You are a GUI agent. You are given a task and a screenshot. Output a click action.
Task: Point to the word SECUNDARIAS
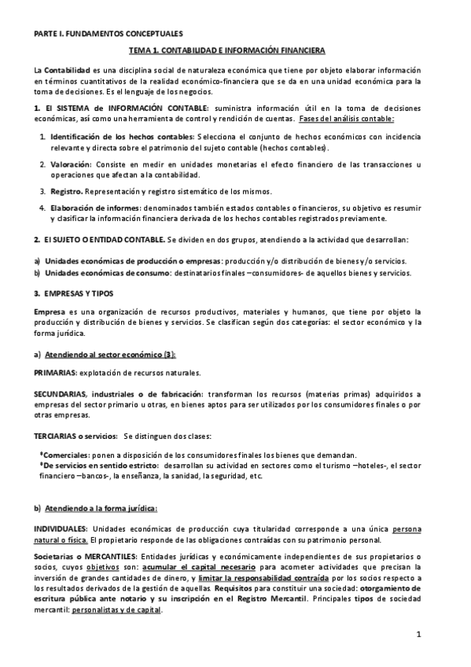(61, 393)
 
